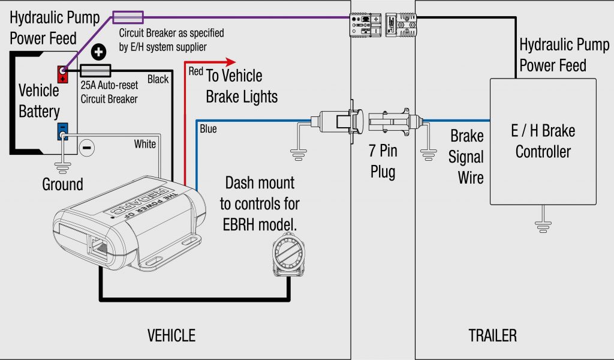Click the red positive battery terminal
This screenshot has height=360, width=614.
point(62,74)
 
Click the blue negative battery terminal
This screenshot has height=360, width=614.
point(62,131)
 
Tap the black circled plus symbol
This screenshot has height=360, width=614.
point(98,52)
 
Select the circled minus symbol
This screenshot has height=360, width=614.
point(87,148)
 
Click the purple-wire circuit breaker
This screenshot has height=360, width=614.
point(128,17)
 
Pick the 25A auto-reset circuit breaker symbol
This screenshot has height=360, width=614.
point(95,71)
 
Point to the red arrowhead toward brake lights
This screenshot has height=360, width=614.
point(231,62)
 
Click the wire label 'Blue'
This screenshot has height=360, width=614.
point(208,129)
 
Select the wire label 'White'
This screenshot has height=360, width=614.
point(145,144)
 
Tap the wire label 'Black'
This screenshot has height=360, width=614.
point(158,79)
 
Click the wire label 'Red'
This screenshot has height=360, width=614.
point(196,71)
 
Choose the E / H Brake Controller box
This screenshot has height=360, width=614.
point(543,142)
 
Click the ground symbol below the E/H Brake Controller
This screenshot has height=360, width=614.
point(543,226)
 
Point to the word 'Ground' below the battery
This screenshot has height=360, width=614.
point(62,184)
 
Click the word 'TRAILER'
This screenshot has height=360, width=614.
point(493,336)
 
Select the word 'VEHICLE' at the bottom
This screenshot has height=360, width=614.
point(171,336)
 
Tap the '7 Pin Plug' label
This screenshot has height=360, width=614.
point(383,161)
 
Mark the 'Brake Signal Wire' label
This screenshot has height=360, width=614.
point(466,157)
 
